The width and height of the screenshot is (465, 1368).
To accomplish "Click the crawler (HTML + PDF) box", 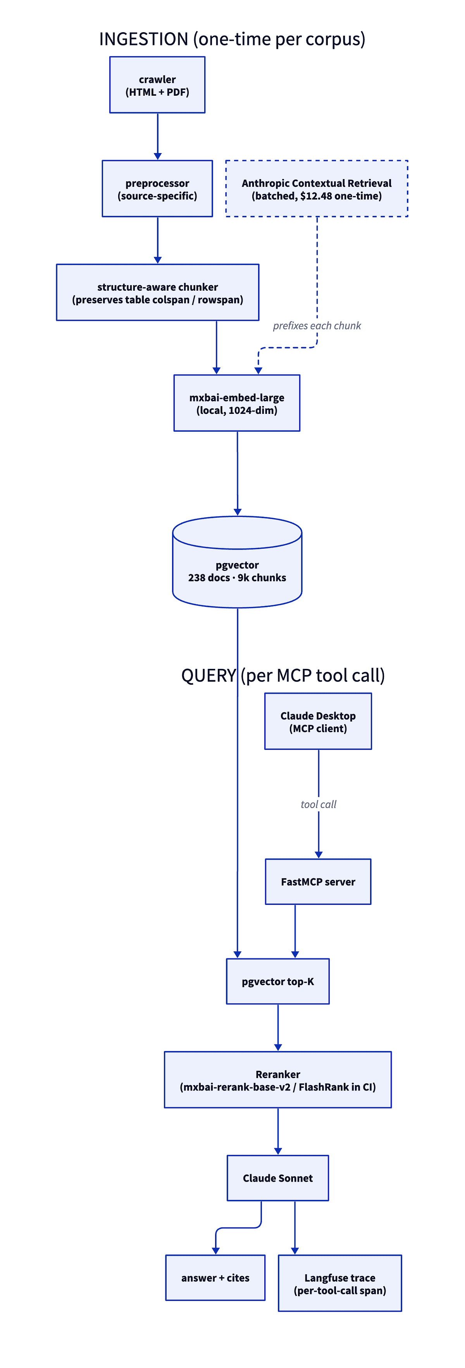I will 157,85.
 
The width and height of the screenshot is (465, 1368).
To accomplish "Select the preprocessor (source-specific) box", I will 157,188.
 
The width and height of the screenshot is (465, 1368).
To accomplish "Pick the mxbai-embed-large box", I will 237,403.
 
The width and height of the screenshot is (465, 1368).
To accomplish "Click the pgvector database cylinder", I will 237,568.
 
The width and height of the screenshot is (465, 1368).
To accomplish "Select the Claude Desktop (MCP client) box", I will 318,721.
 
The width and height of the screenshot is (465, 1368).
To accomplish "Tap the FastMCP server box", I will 318,882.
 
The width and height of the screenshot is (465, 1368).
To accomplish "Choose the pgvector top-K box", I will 277,981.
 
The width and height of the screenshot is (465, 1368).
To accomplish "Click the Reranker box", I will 277,1080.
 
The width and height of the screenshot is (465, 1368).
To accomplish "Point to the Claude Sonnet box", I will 277,1178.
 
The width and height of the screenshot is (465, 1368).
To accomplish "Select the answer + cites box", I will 215,1278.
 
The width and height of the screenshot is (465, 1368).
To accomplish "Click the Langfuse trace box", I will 340,1283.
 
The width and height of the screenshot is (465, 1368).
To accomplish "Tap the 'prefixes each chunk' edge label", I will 317,326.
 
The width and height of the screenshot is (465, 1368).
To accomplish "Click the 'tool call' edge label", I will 319,804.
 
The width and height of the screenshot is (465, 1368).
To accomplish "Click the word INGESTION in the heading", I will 144,39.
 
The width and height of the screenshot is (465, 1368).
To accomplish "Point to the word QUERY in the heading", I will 208,675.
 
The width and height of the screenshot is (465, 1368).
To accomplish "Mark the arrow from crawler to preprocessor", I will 158,136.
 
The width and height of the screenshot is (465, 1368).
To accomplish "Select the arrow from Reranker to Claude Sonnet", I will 277,1131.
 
